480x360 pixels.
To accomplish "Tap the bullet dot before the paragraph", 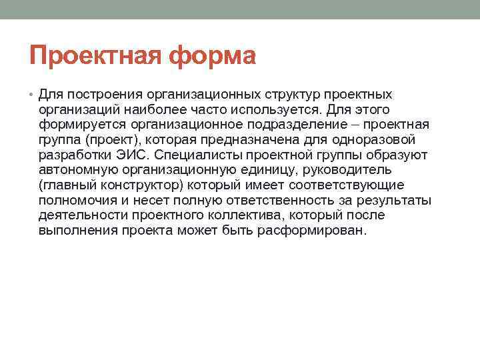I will [32, 94].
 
